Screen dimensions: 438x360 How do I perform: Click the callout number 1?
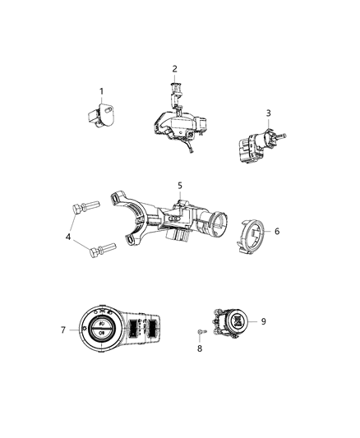(x=102, y=90)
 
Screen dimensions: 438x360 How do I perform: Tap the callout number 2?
(x=174, y=68)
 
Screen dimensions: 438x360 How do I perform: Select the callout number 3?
(x=268, y=112)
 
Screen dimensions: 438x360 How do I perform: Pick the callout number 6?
(x=277, y=232)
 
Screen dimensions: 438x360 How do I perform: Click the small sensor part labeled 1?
(x=101, y=115)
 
